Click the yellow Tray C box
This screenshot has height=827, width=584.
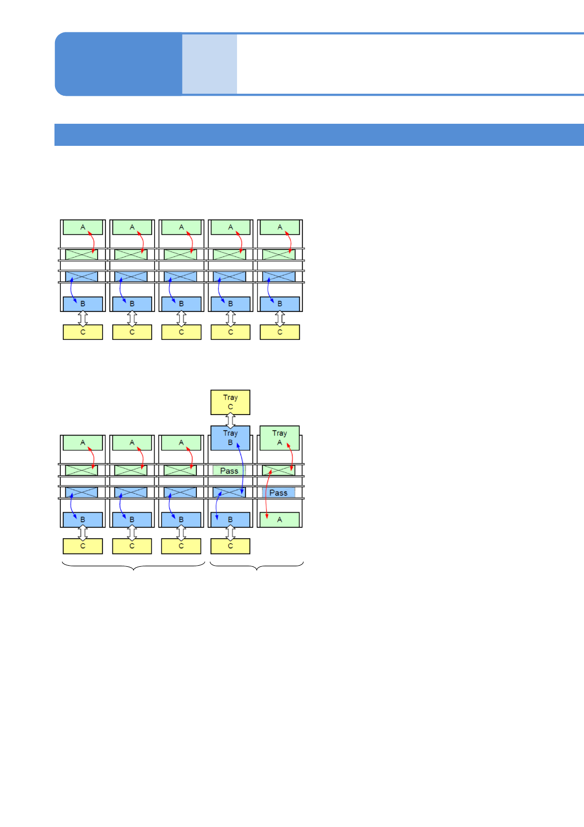point(230,402)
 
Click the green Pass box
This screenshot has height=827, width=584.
point(229,470)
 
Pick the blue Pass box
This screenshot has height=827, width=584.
point(278,493)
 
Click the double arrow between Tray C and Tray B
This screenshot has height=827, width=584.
point(230,420)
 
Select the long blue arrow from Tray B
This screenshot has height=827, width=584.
point(241,469)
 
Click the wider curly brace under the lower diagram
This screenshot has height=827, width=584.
point(133,566)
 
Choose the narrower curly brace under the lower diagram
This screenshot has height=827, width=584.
point(257,566)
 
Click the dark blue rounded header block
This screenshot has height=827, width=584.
point(118,64)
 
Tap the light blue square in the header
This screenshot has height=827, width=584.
point(210,64)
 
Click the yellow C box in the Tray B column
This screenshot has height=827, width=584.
point(230,546)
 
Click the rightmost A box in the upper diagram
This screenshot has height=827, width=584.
point(279,227)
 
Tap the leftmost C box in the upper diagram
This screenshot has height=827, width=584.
point(83,332)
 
